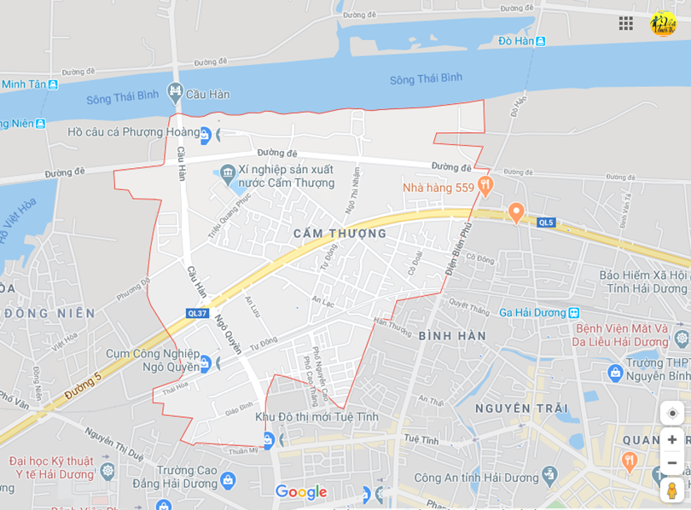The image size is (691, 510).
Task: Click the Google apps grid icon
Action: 626,23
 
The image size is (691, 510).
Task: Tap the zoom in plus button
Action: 672,439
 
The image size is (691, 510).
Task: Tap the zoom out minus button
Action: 672,462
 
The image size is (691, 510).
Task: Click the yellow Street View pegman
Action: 672,490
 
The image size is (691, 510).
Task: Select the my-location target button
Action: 672,413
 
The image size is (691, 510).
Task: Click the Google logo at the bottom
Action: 300,492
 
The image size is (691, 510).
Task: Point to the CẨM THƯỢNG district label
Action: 340,234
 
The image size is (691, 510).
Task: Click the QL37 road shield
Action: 197,313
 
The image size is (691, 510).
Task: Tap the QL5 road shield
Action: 546,223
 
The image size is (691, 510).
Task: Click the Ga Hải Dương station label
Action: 533,313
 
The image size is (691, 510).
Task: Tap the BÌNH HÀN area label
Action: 452,336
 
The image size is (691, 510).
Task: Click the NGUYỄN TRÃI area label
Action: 521,409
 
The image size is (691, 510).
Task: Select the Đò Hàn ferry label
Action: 516,41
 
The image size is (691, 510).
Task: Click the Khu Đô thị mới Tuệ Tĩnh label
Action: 316,417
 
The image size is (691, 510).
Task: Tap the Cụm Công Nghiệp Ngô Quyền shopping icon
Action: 205,364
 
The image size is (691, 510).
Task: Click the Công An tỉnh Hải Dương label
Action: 473,474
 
